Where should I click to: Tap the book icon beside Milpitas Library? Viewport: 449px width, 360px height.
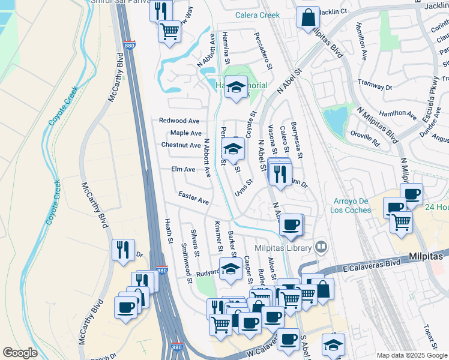(x=322, y=247)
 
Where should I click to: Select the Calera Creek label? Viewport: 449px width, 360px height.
(x=257, y=15)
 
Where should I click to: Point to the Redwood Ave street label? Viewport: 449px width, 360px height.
(x=179, y=121)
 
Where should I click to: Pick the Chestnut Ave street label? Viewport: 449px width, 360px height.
(x=181, y=145)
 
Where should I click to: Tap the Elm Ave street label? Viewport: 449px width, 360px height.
(x=183, y=170)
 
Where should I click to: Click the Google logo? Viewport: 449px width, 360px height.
(x=20, y=353)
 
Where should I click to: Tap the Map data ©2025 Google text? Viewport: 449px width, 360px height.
(x=412, y=355)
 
